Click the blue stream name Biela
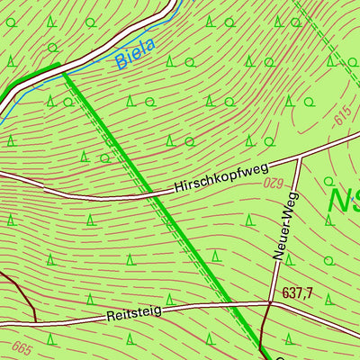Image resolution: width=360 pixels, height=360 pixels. (x=135, y=53)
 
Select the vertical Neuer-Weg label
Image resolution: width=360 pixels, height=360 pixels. (x=281, y=231)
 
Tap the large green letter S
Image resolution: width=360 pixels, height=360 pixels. (x=356, y=200)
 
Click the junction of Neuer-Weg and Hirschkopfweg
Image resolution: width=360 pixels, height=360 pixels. (x=298, y=157)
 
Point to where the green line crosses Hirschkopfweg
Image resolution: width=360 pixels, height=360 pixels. (x=155, y=193)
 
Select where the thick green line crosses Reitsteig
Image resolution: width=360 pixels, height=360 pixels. (x=232, y=307)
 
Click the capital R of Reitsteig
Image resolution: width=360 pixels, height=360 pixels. (x=110, y=317)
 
